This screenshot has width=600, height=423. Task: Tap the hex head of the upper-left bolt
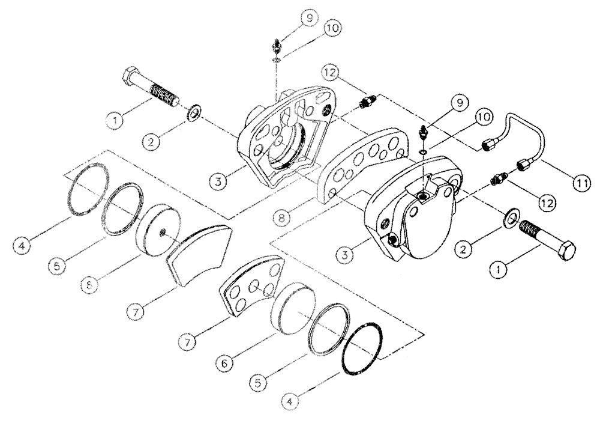[131, 78]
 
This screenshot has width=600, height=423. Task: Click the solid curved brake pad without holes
[197, 254]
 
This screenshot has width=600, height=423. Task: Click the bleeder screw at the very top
[276, 45]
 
